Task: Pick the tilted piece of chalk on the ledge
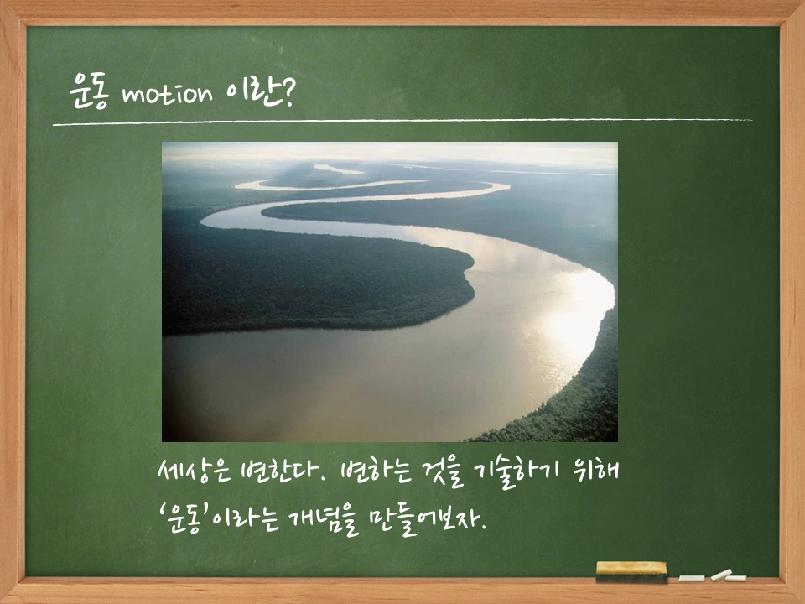point(721,575)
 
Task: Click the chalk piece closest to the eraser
point(691,578)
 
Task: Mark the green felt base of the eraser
point(631,578)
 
